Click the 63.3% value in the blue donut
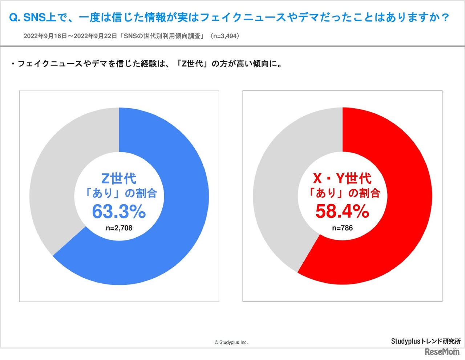pyautogui.click(x=119, y=211)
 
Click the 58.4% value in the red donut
pyautogui.click(x=342, y=211)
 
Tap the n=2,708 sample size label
pyautogui.click(x=119, y=228)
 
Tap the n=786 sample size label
pyautogui.click(x=342, y=228)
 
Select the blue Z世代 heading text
pyautogui.click(x=119, y=178)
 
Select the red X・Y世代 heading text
pyautogui.click(x=342, y=178)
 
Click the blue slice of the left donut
pyautogui.click(x=182, y=218)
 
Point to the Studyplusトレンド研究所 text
pyautogui.click(x=425, y=341)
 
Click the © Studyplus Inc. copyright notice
pyautogui.click(x=231, y=342)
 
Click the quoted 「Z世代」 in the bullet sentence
pyautogui.click(x=192, y=64)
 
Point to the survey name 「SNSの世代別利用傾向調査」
pyautogui.click(x=163, y=36)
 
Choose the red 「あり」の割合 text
pyautogui.click(x=343, y=193)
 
